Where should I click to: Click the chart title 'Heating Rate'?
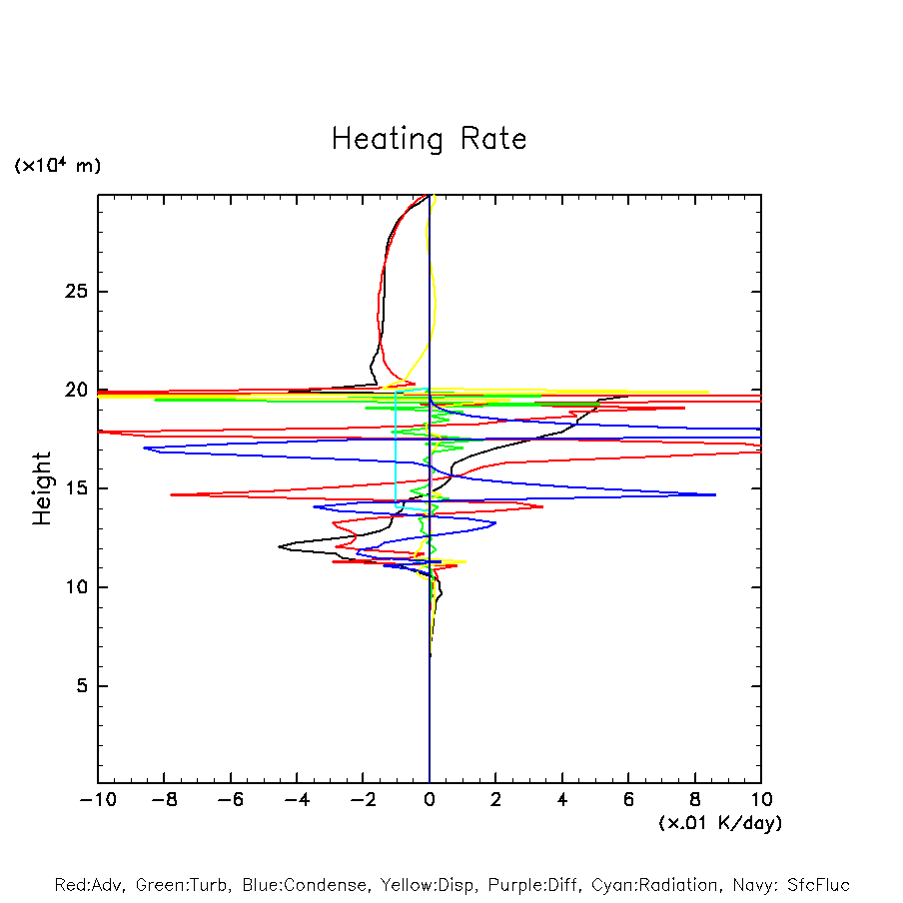click(x=429, y=139)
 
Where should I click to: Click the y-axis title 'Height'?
click(x=42, y=488)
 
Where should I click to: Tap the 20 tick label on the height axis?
click(x=75, y=391)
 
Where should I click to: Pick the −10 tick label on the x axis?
click(x=97, y=800)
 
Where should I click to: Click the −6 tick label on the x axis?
click(x=230, y=800)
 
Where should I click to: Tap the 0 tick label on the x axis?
click(x=430, y=800)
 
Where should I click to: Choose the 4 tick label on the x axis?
click(x=562, y=800)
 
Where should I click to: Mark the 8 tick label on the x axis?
click(x=695, y=800)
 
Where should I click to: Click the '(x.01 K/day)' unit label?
click(x=719, y=823)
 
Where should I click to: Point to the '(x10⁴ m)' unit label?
click(x=57, y=166)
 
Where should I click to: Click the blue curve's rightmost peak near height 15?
click(x=714, y=494)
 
